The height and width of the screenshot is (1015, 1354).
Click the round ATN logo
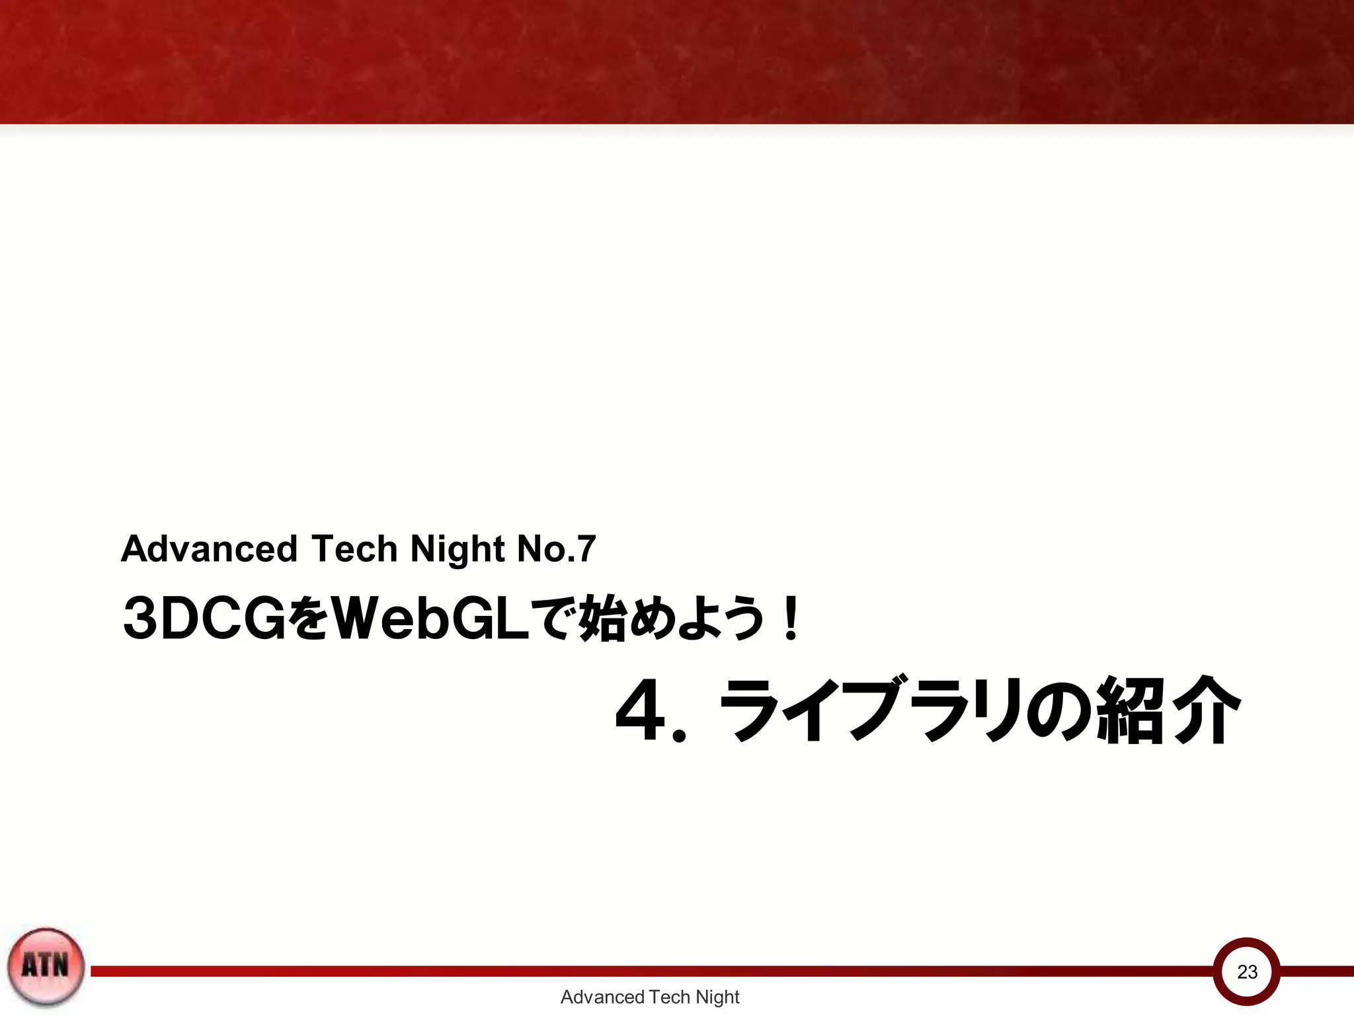(46, 966)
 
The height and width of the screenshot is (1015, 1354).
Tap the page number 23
(1247, 972)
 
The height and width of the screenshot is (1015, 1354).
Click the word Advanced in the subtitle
(209, 549)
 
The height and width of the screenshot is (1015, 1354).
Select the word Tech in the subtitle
(354, 549)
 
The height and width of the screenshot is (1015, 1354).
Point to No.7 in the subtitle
(556, 549)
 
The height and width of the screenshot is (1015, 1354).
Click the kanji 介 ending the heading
(1203, 710)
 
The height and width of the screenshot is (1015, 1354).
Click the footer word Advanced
(602, 996)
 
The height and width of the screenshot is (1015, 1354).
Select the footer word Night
(717, 997)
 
